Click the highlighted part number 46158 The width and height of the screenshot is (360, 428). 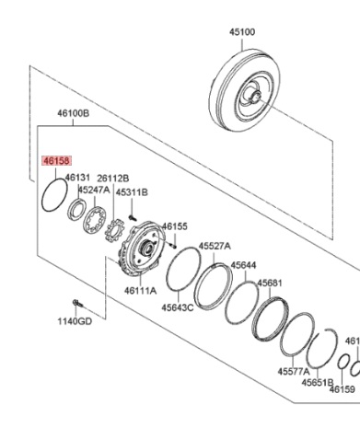[57, 161]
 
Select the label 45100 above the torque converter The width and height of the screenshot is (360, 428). [242, 32]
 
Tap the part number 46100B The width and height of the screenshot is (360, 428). [74, 113]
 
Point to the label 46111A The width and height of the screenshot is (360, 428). [140, 290]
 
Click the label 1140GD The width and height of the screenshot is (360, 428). [75, 321]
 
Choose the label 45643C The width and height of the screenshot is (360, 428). [178, 307]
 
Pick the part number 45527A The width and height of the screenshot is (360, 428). [215, 246]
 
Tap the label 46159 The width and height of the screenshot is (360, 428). [343, 389]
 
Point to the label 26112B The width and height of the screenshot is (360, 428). [113, 179]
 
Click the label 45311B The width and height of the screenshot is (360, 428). [132, 192]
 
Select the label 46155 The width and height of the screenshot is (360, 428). [174, 226]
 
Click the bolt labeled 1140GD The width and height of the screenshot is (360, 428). [77, 304]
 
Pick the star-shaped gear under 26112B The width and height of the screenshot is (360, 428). [114, 230]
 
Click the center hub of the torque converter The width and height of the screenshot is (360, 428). [256, 96]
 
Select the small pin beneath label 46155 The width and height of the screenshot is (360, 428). [174, 246]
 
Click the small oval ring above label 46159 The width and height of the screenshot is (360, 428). [343, 363]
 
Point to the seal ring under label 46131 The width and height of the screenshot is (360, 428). [76, 209]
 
